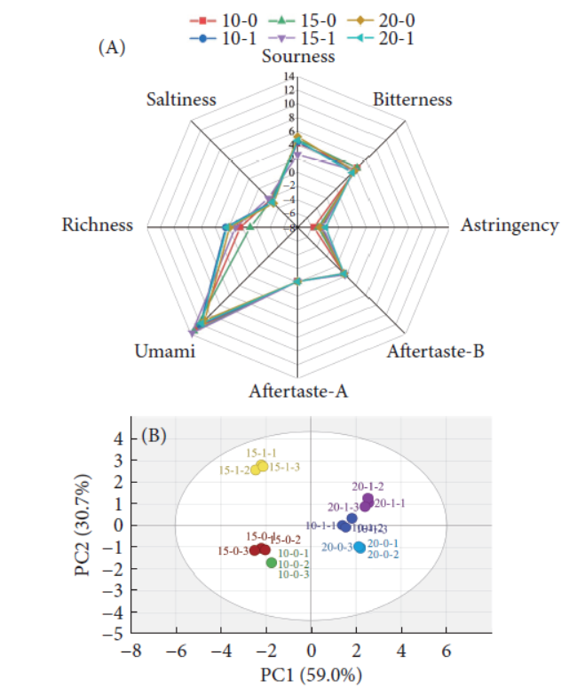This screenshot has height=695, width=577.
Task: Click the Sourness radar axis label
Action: (298, 56)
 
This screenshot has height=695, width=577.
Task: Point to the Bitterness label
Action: (413, 99)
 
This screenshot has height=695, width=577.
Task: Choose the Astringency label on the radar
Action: (510, 225)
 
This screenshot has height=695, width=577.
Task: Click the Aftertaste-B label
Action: (435, 351)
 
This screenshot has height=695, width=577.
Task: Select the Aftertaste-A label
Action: (298, 390)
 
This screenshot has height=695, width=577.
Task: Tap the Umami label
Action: (164, 351)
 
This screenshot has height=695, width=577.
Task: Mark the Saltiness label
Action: (181, 99)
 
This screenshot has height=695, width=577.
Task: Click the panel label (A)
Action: (111, 49)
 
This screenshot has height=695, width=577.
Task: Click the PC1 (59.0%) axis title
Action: (311, 676)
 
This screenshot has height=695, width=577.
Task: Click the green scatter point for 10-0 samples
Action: (271, 563)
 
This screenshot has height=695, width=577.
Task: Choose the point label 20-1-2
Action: (367, 486)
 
